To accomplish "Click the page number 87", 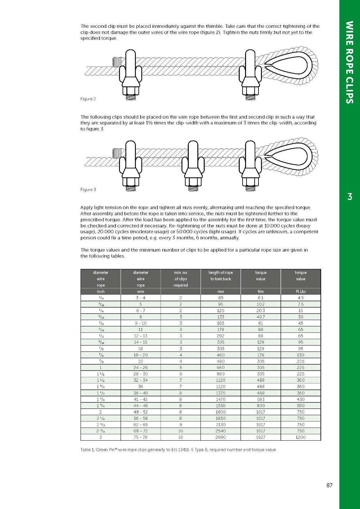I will pos(329,485).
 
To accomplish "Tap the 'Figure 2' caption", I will pos(88,99).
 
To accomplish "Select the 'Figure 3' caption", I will pos(88,190).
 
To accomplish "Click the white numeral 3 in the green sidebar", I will pos(350,197).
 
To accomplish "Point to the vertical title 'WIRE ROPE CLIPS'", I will pos(349,62).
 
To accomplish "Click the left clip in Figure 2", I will pos(130,75).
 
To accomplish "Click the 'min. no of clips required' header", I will pos(180,279).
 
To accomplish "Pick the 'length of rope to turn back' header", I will pos(221,276).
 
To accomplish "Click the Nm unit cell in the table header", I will pos(261,291).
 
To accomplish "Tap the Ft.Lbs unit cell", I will pos(300,291).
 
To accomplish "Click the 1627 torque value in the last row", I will pos(261,437).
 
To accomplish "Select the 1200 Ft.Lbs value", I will pos(300,437).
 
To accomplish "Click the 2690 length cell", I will pos(221,437).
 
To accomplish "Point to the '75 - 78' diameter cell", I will pos(141,437).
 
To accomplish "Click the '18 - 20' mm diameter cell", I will pos(141,355).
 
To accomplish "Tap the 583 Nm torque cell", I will pos(261,399).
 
